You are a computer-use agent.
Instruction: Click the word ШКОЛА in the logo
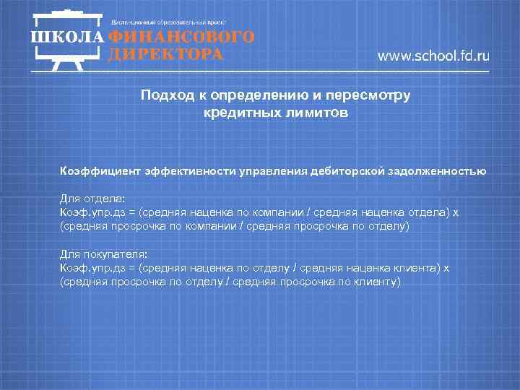[67, 37]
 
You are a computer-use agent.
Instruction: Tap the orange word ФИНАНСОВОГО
[181, 37]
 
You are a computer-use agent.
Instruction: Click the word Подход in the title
[165, 96]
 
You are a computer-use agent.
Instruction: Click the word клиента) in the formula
[418, 267]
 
